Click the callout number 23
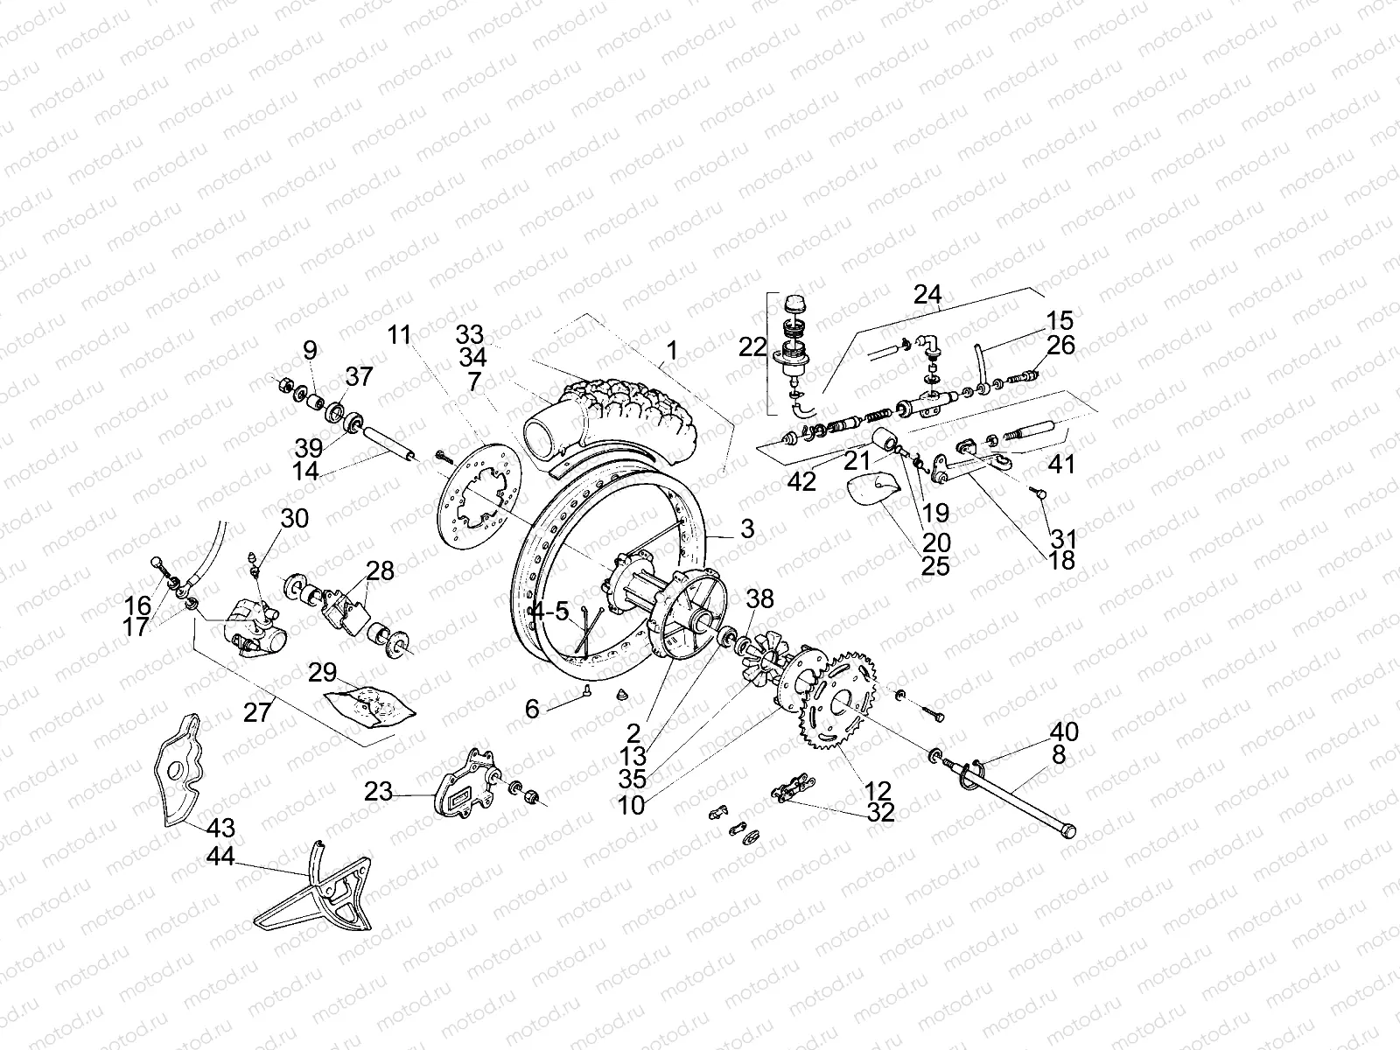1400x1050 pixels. point(379,792)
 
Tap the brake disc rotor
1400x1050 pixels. point(477,500)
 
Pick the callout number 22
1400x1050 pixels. point(752,347)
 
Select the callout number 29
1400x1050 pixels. point(323,673)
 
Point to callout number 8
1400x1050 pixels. point(1059,755)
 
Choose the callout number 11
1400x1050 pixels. point(399,334)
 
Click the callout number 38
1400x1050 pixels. point(759,598)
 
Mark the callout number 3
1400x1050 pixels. point(746,528)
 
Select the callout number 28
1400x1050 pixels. point(380,571)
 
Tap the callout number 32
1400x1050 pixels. point(881,813)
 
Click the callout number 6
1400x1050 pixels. point(532,710)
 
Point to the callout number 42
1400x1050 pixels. point(801,480)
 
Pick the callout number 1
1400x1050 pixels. point(671,351)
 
